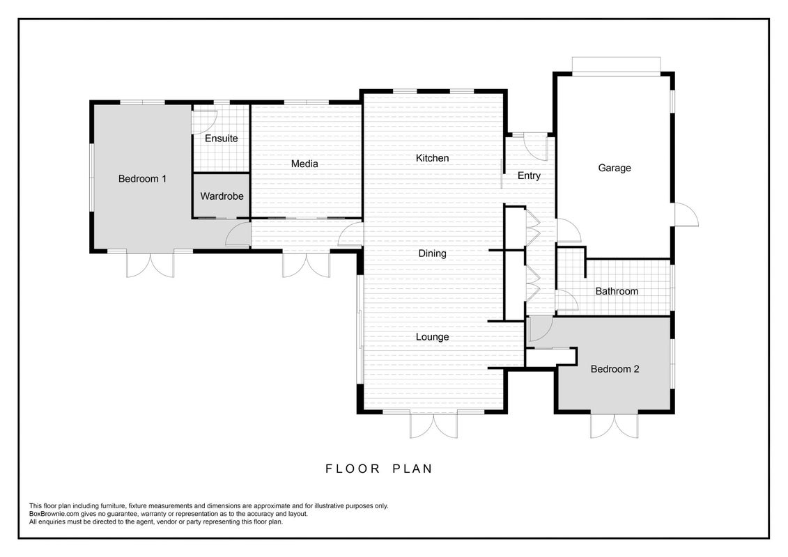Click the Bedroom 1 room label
click(142, 179)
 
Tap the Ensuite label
click(221, 138)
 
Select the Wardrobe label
click(222, 196)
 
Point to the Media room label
click(304, 164)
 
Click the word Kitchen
click(432, 158)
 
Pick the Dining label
click(432, 253)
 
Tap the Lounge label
click(432, 337)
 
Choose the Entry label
click(530, 175)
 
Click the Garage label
click(614, 168)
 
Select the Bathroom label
click(617, 291)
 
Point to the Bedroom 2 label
click(615, 369)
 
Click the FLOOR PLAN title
click(379, 469)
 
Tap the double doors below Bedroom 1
click(150, 264)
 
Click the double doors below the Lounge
click(433, 425)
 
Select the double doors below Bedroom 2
click(614, 425)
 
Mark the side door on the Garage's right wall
click(686, 215)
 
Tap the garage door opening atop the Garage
click(616, 66)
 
